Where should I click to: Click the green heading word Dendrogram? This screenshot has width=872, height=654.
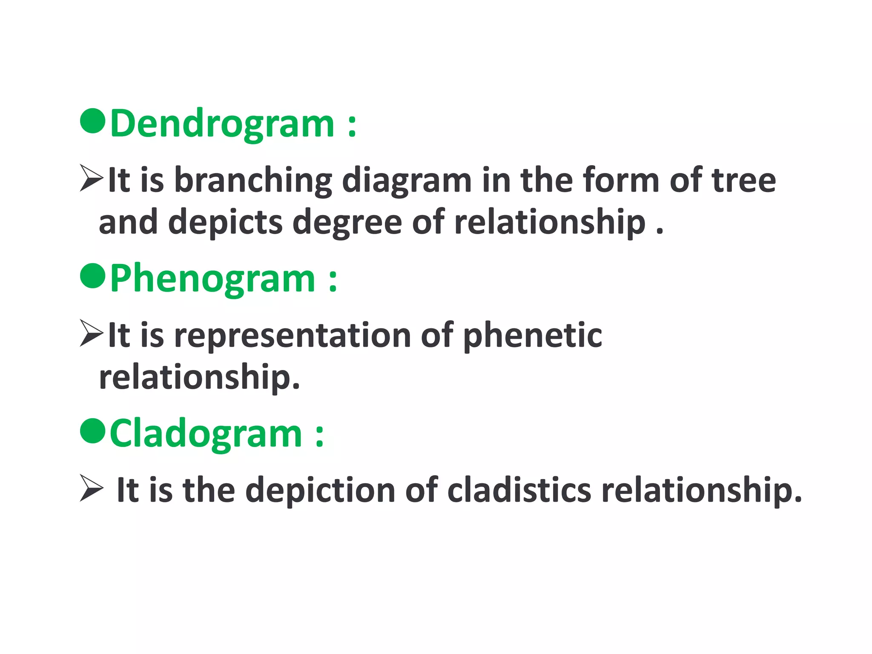(222, 124)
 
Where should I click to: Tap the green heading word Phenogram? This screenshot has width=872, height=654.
(212, 279)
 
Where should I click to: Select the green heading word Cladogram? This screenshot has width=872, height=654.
(206, 434)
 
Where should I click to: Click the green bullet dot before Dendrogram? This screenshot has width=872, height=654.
(93, 121)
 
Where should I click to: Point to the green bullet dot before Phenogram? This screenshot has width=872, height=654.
(93, 276)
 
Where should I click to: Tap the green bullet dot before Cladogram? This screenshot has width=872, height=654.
(93, 431)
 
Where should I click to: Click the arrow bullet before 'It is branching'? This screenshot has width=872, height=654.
(91, 179)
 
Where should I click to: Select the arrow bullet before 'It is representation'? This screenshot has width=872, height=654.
(91, 334)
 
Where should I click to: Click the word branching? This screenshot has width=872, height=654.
(253, 181)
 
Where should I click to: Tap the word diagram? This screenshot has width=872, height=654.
(407, 181)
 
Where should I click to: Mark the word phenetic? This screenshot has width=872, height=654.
(532, 336)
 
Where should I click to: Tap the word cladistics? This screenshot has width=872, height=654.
(519, 490)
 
